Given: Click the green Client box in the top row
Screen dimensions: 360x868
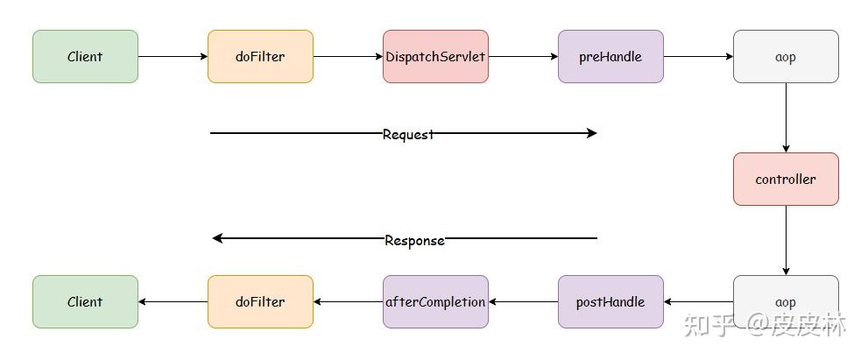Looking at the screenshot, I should point(85,57).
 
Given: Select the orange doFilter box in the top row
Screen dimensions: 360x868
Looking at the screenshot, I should point(260,57).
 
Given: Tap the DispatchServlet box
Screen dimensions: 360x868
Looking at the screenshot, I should point(435,57).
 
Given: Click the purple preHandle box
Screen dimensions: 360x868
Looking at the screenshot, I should point(610,57).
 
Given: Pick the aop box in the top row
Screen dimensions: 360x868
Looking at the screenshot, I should point(786,57).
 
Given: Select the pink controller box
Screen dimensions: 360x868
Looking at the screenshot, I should point(786,180).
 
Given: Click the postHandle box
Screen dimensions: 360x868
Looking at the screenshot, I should point(610,302).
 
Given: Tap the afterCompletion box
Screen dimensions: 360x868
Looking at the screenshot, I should point(435,302).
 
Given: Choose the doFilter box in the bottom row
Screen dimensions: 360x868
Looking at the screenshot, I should point(260,302).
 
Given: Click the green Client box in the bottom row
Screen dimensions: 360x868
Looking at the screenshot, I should point(85,302).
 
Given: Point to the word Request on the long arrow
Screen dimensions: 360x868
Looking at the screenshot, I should point(408,134).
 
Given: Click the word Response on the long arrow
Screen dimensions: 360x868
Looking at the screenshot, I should point(414,240).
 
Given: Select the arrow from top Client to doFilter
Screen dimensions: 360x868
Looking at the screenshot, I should point(173,57).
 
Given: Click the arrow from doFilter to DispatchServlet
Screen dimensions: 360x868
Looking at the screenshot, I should point(348,57).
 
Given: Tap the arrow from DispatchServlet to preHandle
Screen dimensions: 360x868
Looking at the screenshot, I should point(523,57).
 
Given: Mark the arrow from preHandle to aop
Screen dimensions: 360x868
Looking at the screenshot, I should point(698,57).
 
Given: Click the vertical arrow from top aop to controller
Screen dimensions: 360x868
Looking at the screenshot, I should point(786,118).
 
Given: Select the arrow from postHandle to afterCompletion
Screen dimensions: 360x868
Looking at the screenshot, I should point(523,302).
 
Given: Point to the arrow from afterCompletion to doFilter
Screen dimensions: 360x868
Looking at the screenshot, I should point(348,302).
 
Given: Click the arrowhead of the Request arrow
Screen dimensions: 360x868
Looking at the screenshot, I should point(591,133).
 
